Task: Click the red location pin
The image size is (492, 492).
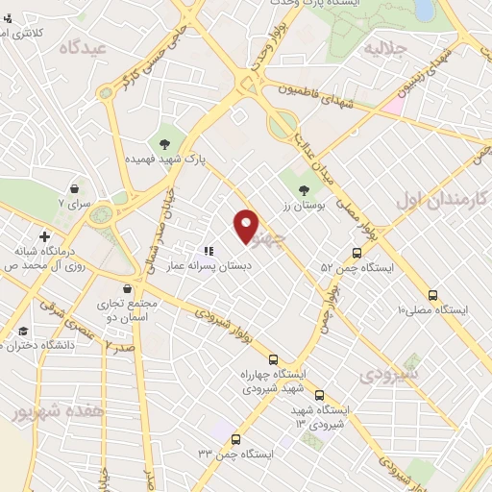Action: pyautogui.click(x=247, y=224)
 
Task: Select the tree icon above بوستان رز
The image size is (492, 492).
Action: pyautogui.click(x=305, y=189)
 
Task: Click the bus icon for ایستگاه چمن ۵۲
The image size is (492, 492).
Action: pyautogui.click(x=357, y=253)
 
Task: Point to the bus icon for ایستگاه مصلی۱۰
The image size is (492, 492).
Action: pyautogui.click(x=432, y=295)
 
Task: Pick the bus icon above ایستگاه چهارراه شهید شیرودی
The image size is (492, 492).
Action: pyautogui.click(x=275, y=357)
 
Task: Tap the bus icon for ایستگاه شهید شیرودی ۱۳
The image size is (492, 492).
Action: pyautogui.click(x=319, y=394)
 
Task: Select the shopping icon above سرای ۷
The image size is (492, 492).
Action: pyautogui.click(x=74, y=188)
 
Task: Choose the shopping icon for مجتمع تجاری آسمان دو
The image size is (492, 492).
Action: pyautogui.click(x=127, y=286)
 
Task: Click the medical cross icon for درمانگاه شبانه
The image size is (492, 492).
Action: pyautogui.click(x=44, y=235)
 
